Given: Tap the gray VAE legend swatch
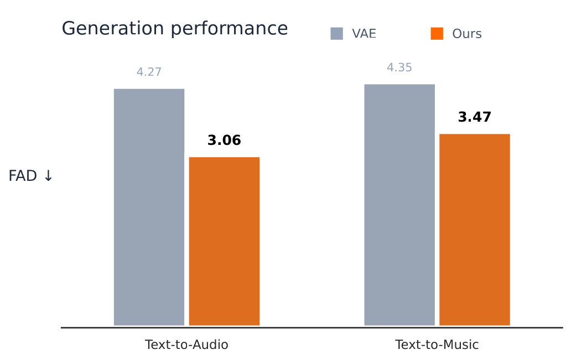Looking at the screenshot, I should point(336,34).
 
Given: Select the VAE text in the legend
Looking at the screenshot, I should point(364,34).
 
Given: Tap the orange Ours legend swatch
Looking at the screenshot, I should point(437,34).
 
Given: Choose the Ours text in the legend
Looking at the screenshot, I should point(466,34).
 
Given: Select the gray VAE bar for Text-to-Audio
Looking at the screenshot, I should point(149,207).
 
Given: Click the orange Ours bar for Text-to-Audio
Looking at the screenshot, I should point(224,241).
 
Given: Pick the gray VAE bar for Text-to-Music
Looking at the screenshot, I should point(399,205).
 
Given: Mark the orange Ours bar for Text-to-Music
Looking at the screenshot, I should point(475,229).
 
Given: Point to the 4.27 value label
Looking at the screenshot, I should point(149,72).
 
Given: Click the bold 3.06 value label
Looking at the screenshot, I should point(224,140).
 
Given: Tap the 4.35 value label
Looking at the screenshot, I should point(399,68).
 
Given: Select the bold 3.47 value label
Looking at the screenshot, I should point(475,117).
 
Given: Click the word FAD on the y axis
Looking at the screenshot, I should point(23,176).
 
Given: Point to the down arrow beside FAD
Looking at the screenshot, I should point(48,176).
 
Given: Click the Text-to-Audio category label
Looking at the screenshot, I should point(186,345).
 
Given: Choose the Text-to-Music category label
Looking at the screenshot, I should point(437,345).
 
